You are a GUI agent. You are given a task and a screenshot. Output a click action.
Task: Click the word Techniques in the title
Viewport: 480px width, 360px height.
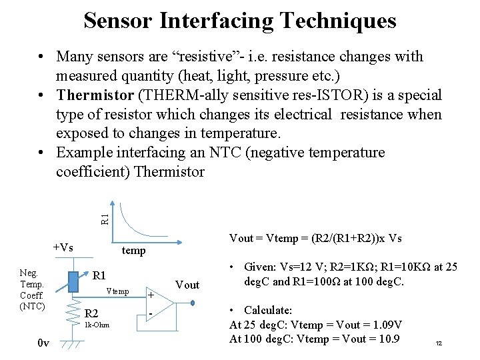pos(339,21)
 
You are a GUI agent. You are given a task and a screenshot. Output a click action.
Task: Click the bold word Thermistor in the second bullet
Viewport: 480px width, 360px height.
pos(93,95)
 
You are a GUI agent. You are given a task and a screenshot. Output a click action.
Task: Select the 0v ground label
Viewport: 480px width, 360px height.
pos(43,343)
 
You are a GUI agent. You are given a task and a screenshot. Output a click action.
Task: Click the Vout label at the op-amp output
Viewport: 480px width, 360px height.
pos(187,285)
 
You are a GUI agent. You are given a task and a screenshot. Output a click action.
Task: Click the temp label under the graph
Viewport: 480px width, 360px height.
pos(133,252)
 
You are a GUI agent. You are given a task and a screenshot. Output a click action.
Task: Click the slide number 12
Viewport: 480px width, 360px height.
pos(439,343)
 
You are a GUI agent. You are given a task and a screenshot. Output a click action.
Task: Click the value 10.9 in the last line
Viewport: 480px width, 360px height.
pos(386,339)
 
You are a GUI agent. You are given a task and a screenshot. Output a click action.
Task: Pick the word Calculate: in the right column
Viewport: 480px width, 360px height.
pos(268,310)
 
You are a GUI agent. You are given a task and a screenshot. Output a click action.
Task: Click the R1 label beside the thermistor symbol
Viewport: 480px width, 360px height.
pos(99,275)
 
